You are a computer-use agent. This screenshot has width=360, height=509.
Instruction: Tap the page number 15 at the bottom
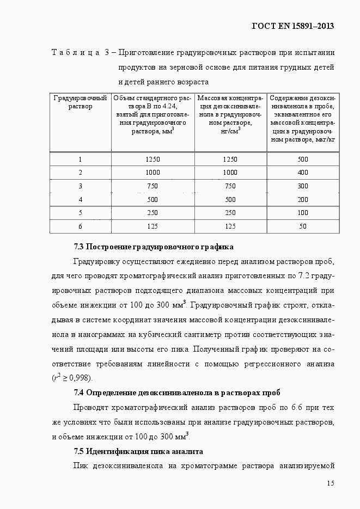coord(331,483)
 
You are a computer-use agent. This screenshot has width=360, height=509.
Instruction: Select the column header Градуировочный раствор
coord(81,102)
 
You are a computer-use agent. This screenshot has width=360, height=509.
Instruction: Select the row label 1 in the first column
coord(80,160)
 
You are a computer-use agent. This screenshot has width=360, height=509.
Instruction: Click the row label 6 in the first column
coord(80,226)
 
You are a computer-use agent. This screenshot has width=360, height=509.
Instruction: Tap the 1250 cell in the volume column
coord(153,160)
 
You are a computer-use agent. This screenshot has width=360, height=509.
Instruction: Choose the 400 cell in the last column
coord(303,173)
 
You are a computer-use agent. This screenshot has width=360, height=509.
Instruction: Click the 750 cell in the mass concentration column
coord(230,186)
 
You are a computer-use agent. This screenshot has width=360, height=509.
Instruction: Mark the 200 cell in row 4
coord(303,199)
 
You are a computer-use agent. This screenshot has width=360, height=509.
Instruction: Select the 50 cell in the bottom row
coord(303,226)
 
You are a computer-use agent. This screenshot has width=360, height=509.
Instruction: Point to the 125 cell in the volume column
coord(153,226)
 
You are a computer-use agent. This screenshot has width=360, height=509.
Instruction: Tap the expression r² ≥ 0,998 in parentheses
coord(72,378)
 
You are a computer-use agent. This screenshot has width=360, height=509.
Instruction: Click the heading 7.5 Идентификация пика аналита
coord(138,451)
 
